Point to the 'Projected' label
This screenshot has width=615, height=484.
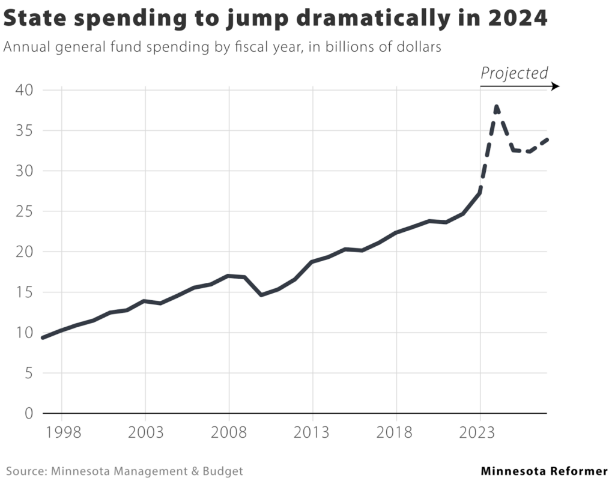coord(514,73)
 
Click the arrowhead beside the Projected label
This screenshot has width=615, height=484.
coord(556,86)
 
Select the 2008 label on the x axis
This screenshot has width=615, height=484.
coord(229,433)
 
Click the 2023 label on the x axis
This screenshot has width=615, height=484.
coord(480,433)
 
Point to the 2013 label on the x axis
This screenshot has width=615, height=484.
coord(312,433)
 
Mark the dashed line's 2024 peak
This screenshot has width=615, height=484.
coord(497,106)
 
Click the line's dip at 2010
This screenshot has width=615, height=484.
coord(262,295)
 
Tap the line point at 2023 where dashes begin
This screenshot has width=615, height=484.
coord(480,192)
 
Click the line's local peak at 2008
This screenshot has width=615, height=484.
coord(229,276)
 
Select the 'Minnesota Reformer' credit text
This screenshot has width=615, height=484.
coord(544,471)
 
